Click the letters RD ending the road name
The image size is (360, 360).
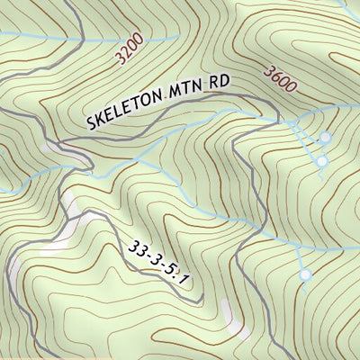(x=219, y=82)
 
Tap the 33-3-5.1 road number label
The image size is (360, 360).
(x=160, y=264)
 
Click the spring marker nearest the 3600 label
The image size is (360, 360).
(x=325, y=138)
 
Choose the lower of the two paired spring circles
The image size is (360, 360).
(x=321, y=161)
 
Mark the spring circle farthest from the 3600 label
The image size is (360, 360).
(x=305, y=274)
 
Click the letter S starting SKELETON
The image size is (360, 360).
(x=94, y=122)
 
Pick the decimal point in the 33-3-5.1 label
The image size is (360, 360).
(x=180, y=281)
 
